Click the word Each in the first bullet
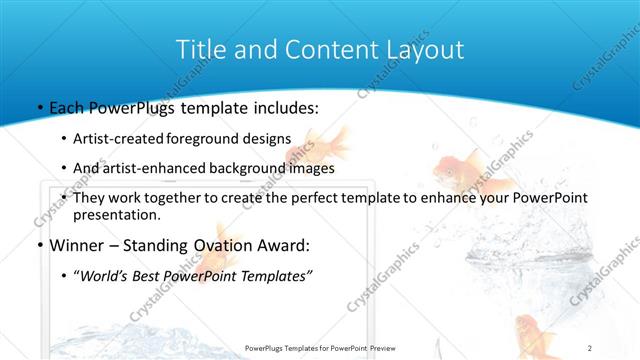pyautogui.click(x=68, y=107)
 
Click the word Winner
pyautogui.click(x=77, y=245)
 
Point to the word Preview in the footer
pyautogui.click(x=377, y=347)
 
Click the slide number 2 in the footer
pyautogui.click(x=590, y=347)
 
